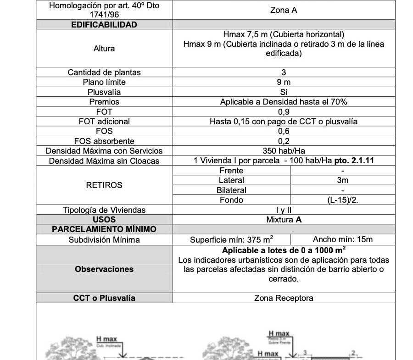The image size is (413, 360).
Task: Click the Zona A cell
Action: [x=284, y=10]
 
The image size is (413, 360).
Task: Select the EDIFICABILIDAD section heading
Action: [x=104, y=25]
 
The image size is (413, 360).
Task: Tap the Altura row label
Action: [x=104, y=49]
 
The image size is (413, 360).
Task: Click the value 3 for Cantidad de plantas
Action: [x=284, y=72]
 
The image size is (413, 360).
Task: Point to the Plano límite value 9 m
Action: [x=284, y=82]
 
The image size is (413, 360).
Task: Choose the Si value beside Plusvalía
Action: [x=284, y=92]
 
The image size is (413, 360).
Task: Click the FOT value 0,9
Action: [x=284, y=111]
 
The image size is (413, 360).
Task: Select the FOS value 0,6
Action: [x=284, y=131]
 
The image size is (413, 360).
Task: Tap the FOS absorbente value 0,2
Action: [x=284, y=141]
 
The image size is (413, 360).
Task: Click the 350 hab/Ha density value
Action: [x=284, y=151]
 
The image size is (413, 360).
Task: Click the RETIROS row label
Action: [x=104, y=185]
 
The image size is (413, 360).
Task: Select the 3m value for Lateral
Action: [x=343, y=180]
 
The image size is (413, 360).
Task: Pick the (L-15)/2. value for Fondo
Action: [x=343, y=200]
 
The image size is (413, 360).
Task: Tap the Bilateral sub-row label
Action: [x=231, y=190]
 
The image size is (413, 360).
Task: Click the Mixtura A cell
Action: [x=284, y=220]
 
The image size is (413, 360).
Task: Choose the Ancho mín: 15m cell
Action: [x=343, y=239]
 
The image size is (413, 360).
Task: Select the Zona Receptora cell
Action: [x=284, y=298]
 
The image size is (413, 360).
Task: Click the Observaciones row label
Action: [x=104, y=269]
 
